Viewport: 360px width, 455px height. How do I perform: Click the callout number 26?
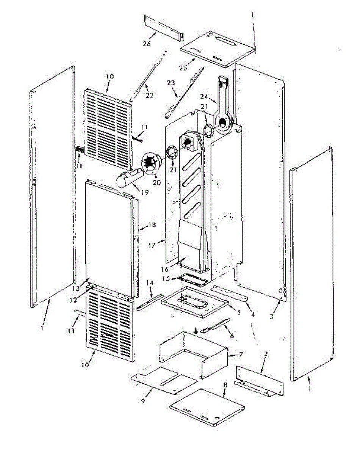tap(147, 44)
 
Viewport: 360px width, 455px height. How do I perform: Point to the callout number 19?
tap(144, 192)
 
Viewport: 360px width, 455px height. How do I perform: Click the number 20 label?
tap(157, 182)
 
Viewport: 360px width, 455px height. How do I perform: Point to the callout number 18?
tap(152, 225)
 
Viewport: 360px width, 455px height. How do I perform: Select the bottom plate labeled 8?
tap(207, 406)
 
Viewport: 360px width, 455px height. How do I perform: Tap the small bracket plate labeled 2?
tap(260, 379)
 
